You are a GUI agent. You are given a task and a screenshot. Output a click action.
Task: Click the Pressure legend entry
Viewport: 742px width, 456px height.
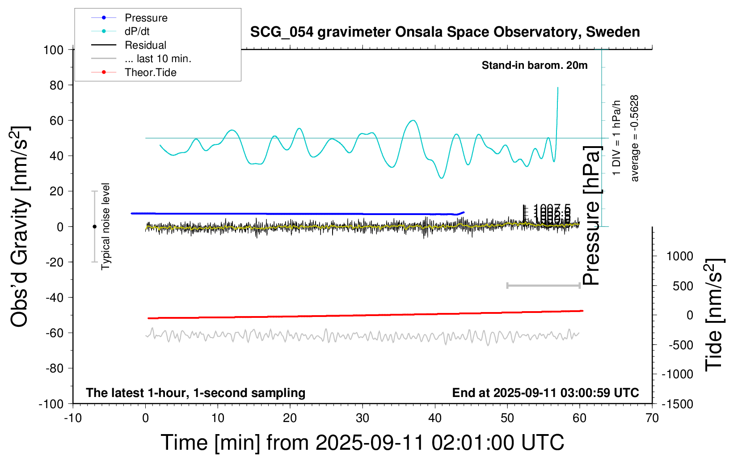[x=146, y=18]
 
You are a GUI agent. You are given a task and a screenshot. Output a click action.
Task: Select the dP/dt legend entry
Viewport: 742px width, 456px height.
[x=137, y=31]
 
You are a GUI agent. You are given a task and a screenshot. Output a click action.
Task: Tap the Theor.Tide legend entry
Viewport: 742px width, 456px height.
[x=150, y=72]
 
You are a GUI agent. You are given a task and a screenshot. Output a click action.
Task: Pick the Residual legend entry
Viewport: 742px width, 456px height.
[x=145, y=45]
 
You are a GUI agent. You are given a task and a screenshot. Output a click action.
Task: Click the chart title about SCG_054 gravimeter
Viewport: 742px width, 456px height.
[x=445, y=32]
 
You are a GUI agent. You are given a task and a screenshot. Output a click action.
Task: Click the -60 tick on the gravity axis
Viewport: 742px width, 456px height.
[x=54, y=333]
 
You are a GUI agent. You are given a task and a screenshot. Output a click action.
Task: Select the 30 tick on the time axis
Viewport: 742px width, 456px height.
[x=363, y=418]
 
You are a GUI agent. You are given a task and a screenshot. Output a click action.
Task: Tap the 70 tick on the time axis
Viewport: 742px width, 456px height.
[x=652, y=418]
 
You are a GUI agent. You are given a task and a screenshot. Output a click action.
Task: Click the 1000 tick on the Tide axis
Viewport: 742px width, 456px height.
[x=679, y=256]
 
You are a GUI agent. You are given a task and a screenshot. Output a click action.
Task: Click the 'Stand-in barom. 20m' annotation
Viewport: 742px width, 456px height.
[x=535, y=65]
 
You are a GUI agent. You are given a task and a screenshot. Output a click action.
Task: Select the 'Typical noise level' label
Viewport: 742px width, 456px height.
[x=105, y=226]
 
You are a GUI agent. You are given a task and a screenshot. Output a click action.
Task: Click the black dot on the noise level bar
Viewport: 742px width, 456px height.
[x=94, y=227]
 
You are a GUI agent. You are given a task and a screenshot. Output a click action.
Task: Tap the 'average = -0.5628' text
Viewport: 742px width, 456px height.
[x=635, y=138]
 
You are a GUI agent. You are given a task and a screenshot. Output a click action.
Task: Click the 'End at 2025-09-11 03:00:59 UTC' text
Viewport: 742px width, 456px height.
[x=545, y=393]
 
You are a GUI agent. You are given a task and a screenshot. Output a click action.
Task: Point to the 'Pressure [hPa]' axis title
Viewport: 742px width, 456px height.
[x=591, y=215]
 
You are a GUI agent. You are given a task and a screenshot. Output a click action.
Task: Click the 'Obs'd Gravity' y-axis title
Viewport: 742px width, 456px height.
[x=20, y=226]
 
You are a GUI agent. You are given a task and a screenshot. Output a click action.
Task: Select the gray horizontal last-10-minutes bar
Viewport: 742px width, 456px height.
[x=543, y=285]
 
